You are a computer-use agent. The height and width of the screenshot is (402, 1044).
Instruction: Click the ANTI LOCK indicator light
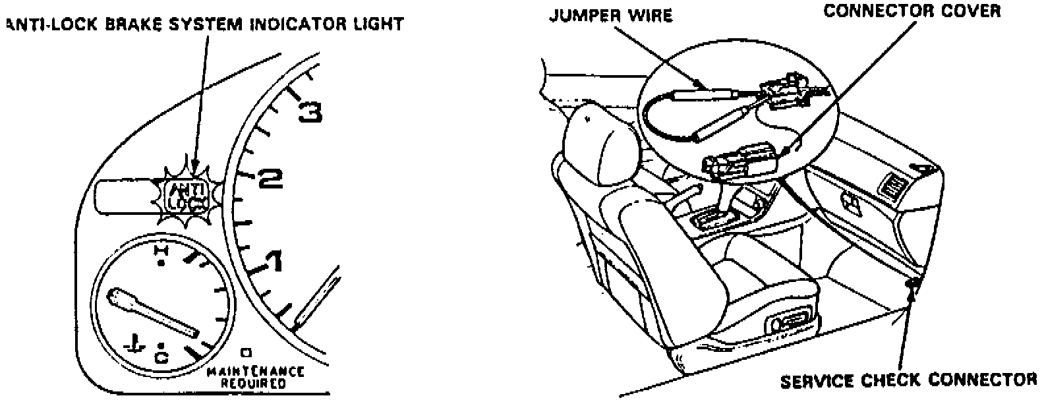point(184,196)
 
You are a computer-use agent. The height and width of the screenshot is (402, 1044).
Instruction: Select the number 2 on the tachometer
point(270,177)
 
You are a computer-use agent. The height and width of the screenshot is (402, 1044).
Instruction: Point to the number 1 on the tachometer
point(272,262)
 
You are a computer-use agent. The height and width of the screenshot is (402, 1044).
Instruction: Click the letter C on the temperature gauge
point(161,357)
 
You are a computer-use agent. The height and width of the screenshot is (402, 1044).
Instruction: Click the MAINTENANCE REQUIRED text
point(255,376)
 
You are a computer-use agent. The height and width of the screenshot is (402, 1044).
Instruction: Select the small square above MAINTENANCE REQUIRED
point(246,351)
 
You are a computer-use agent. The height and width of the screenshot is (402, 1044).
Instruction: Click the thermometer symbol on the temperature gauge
point(134,344)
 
